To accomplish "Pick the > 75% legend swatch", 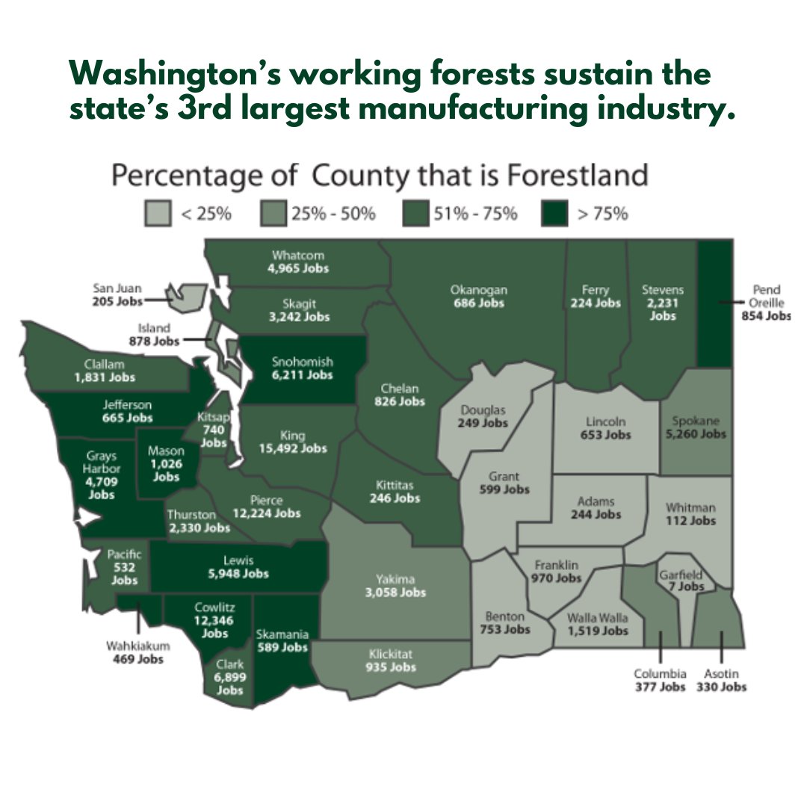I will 557,213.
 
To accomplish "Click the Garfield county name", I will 679,575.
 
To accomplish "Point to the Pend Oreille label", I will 766,297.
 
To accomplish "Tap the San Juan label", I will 117,288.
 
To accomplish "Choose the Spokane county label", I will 694,420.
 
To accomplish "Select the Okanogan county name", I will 478,290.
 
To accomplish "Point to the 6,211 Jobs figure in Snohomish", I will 302,375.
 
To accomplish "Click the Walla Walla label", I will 597,618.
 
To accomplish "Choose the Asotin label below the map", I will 721,674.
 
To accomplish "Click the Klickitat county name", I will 392,654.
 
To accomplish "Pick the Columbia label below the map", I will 660,674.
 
